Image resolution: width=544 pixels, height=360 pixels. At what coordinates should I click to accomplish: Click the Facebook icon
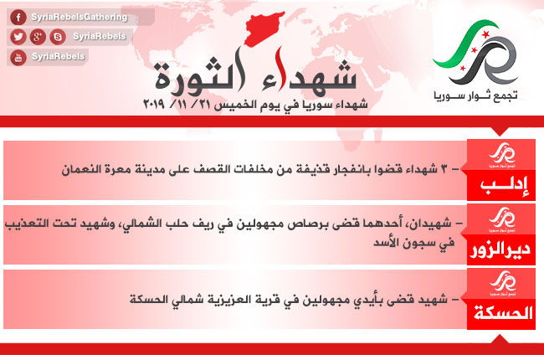pos(18,17)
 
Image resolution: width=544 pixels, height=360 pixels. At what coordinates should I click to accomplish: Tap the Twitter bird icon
pos(18,37)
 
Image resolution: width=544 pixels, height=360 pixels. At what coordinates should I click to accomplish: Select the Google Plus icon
pos(38,37)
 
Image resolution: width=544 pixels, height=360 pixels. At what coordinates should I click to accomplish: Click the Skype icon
pos(58,37)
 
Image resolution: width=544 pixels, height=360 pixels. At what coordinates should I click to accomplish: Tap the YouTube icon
pos(18,57)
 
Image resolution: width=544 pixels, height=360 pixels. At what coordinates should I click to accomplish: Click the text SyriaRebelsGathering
pos(80,17)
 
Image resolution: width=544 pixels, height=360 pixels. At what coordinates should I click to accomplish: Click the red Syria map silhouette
pos(264,28)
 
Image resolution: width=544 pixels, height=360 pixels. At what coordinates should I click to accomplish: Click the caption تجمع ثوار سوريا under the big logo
pos(475,95)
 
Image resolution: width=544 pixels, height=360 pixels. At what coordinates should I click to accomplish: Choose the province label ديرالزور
pos(500,249)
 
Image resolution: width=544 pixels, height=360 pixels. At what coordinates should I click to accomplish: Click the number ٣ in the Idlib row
pos(444,169)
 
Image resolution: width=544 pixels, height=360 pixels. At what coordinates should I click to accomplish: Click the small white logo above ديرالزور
pos(502,219)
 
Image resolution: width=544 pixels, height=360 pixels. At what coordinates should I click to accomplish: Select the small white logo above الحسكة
pos(502,283)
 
